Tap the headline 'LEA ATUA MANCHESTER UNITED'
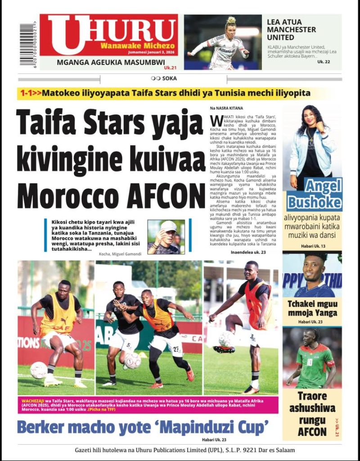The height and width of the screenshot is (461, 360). click(x=291, y=29)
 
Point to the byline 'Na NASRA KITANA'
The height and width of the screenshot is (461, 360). click(x=227, y=108)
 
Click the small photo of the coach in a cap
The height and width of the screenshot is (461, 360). click(x=166, y=236)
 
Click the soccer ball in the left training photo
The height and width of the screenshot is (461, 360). click(x=39, y=370)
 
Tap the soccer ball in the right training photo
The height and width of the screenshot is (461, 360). click(x=226, y=339)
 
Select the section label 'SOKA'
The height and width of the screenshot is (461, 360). click(x=169, y=78)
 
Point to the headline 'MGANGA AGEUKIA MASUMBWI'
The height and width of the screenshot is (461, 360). click(x=111, y=63)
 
